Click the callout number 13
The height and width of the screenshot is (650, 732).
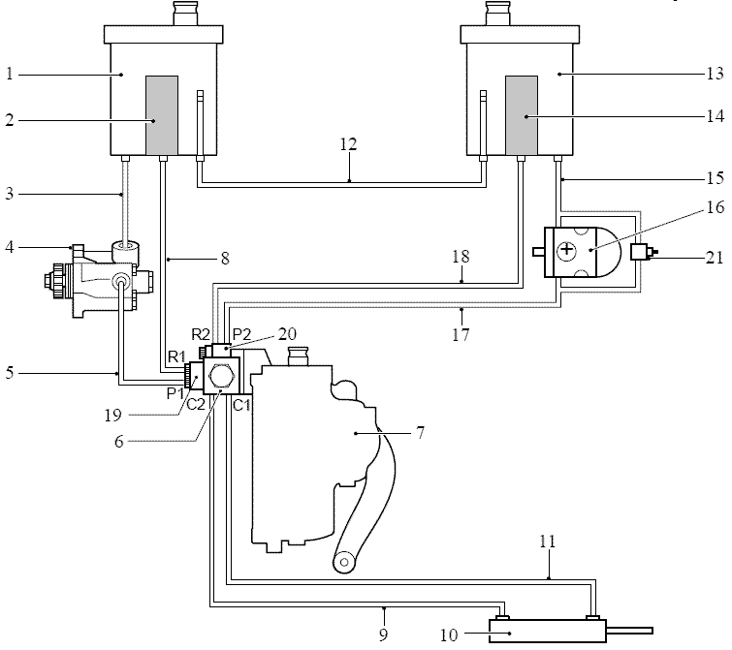click(x=715, y=74)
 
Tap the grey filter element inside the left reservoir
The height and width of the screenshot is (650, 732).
click(x=162, y=115)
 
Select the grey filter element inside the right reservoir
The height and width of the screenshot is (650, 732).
click(x=522, y=115)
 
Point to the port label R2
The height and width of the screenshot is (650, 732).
click(x=201, y=334)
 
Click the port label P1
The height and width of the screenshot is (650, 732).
click(x=175, y=393)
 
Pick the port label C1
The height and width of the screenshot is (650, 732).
click(x=241, y=405)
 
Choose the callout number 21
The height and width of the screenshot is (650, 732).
click(x=715, y=258)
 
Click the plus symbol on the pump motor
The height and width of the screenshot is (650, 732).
click(x=567, y=250)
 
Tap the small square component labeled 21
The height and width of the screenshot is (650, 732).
click(x=638, y=252)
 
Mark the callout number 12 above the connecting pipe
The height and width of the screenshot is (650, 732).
click(x=348, y=144)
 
